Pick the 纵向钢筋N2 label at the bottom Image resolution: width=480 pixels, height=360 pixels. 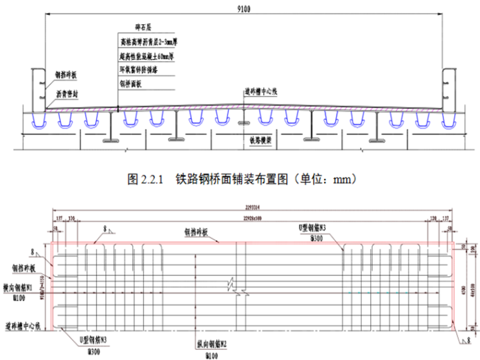click(x=214, y=346)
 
